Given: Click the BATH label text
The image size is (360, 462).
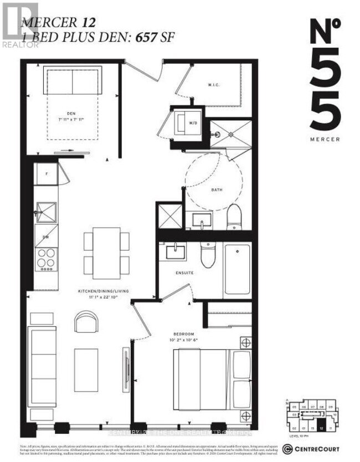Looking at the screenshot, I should coord(217,190).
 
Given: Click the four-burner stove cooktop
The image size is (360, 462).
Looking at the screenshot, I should coord(45,259).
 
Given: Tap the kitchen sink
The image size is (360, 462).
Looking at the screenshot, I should coord(45,212).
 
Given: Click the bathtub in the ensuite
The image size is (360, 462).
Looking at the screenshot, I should coord(237,269).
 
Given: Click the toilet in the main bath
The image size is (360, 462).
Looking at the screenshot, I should coord(234,216).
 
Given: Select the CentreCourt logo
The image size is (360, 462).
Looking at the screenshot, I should coord(313,448).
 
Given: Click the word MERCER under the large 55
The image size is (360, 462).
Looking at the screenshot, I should coord(325,140).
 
